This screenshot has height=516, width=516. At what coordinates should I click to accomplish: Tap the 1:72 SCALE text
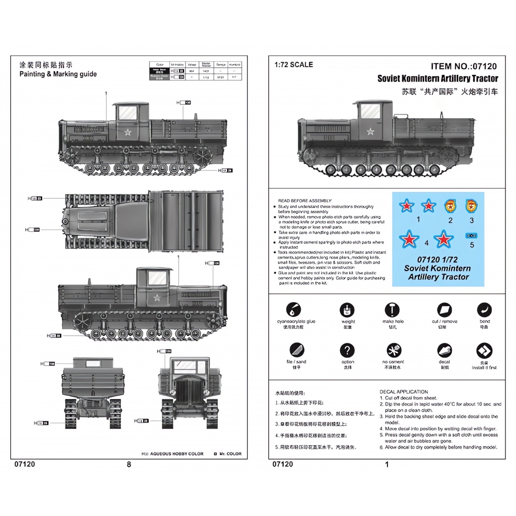tap(294, 64)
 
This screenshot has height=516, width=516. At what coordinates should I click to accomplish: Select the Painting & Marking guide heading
tap(58, 74)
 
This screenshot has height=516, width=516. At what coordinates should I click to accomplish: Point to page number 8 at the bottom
tap(129, 464)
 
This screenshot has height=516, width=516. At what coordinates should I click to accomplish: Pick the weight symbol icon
tap(348, 310)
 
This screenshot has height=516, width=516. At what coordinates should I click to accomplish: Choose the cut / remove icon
tap(444, 310)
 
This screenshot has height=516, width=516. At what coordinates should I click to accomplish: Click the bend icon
tap(484, 310)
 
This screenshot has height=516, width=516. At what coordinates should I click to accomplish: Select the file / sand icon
tap(296, 350)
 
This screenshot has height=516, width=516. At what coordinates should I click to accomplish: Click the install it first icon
tap(484, 350)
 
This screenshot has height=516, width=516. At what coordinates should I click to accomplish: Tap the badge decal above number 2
tap(450, 206)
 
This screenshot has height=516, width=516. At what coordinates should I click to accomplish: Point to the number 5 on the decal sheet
tap(471, 245)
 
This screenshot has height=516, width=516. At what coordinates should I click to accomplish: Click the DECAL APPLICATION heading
tap(404, 392)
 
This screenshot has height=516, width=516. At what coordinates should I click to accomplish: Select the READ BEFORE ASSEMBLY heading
tap(305, 200)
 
